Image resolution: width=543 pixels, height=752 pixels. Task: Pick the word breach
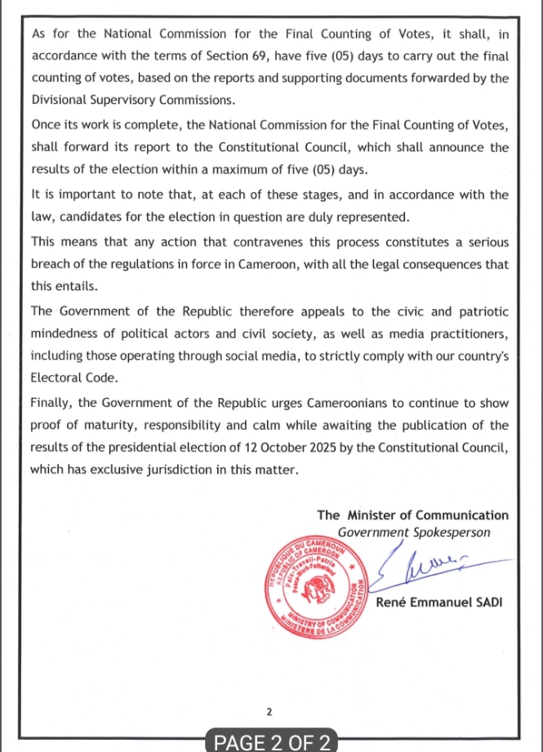pos(51,265)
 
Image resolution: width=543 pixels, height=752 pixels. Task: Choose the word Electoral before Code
pos(56,379)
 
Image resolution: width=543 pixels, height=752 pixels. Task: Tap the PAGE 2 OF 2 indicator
pos(271,741)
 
